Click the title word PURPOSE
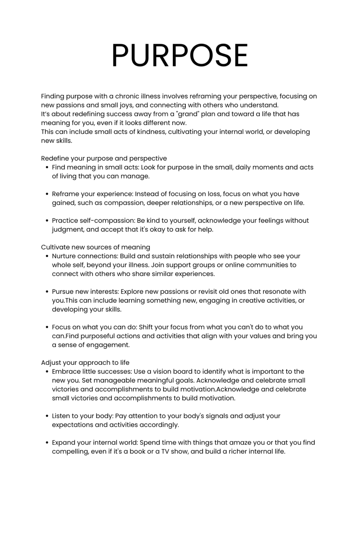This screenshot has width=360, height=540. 180,55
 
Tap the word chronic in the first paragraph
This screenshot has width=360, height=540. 127,96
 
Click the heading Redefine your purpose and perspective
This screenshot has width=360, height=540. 104,158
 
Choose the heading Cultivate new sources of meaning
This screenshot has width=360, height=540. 96,247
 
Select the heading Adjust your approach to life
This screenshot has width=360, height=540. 85,363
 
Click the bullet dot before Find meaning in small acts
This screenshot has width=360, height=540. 47,167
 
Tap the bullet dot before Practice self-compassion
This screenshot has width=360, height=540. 47,221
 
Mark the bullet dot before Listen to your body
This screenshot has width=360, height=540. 47,416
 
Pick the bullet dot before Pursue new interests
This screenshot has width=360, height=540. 47,292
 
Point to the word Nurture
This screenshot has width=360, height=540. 64,256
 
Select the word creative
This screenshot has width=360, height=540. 252,301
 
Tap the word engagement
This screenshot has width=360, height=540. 110,345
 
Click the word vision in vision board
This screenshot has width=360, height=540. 162,371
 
